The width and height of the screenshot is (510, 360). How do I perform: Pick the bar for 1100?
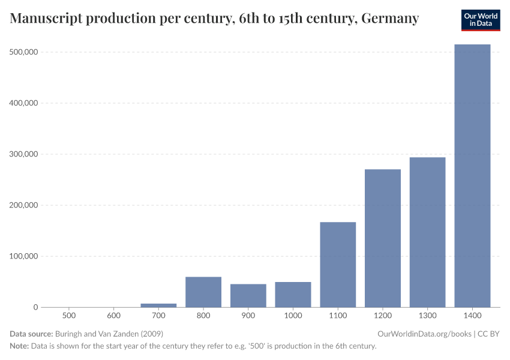pos(338,265)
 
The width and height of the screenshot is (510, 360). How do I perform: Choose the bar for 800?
pos(203,292)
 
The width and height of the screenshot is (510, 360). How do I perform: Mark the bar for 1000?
pos(293,295)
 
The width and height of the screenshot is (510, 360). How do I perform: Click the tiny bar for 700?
pos(158,305)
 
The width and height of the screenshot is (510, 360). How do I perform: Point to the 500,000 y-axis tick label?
pos(24,52)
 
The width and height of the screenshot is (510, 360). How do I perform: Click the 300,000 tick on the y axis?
pos(24,154)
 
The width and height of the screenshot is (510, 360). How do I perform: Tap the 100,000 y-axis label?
pos(24,256)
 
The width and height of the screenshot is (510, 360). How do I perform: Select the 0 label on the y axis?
pos(35,307)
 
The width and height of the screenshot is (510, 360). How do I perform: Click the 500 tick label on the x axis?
pos(69,316)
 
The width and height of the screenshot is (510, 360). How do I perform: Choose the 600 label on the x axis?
pos(113,316)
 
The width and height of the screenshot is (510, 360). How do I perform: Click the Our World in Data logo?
pos(480,20)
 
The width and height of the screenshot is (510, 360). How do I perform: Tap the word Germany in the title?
pos(390,19)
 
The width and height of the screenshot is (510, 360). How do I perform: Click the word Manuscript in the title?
pos(46,19)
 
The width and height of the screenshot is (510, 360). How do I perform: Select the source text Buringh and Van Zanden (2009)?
pos(109,334)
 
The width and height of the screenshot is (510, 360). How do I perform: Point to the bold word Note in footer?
pos(19,346)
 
